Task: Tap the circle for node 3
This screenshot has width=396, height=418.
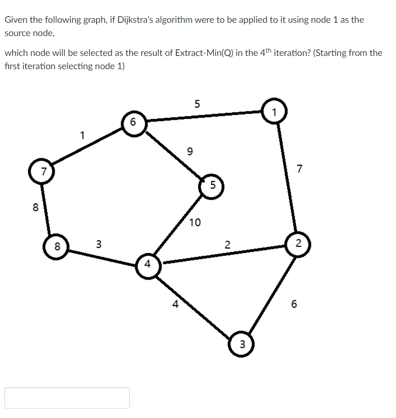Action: (242, 343)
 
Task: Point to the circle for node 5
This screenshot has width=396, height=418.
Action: (212, 185)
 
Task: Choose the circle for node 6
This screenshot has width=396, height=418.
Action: (133, 122)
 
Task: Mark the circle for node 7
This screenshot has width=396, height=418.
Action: (41, 171)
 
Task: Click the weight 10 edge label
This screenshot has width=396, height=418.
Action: (195, 222)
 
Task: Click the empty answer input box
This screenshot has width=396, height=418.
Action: (67, 398)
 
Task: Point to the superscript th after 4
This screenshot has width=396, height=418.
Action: (268, 50)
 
